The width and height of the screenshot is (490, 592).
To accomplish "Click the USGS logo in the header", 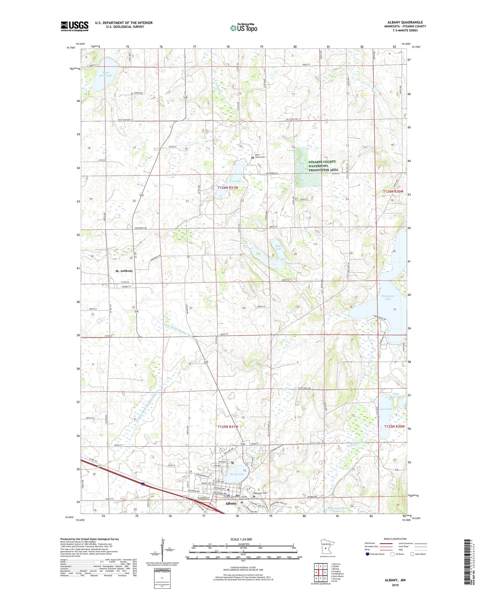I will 74,26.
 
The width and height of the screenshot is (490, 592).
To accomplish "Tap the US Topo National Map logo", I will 243,28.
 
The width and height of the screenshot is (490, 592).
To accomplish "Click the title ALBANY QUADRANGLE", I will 405,22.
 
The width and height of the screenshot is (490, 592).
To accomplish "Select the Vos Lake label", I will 235,181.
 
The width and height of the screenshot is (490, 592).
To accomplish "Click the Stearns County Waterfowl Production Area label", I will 323,166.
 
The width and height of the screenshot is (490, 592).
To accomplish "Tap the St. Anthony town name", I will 124,271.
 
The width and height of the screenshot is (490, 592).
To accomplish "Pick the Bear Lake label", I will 278,247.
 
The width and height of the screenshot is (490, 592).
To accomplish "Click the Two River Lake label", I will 388,297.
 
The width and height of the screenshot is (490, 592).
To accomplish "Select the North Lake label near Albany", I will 237,474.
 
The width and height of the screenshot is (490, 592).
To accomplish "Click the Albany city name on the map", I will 231,503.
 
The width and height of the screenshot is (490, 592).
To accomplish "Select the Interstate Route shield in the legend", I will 367,554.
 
